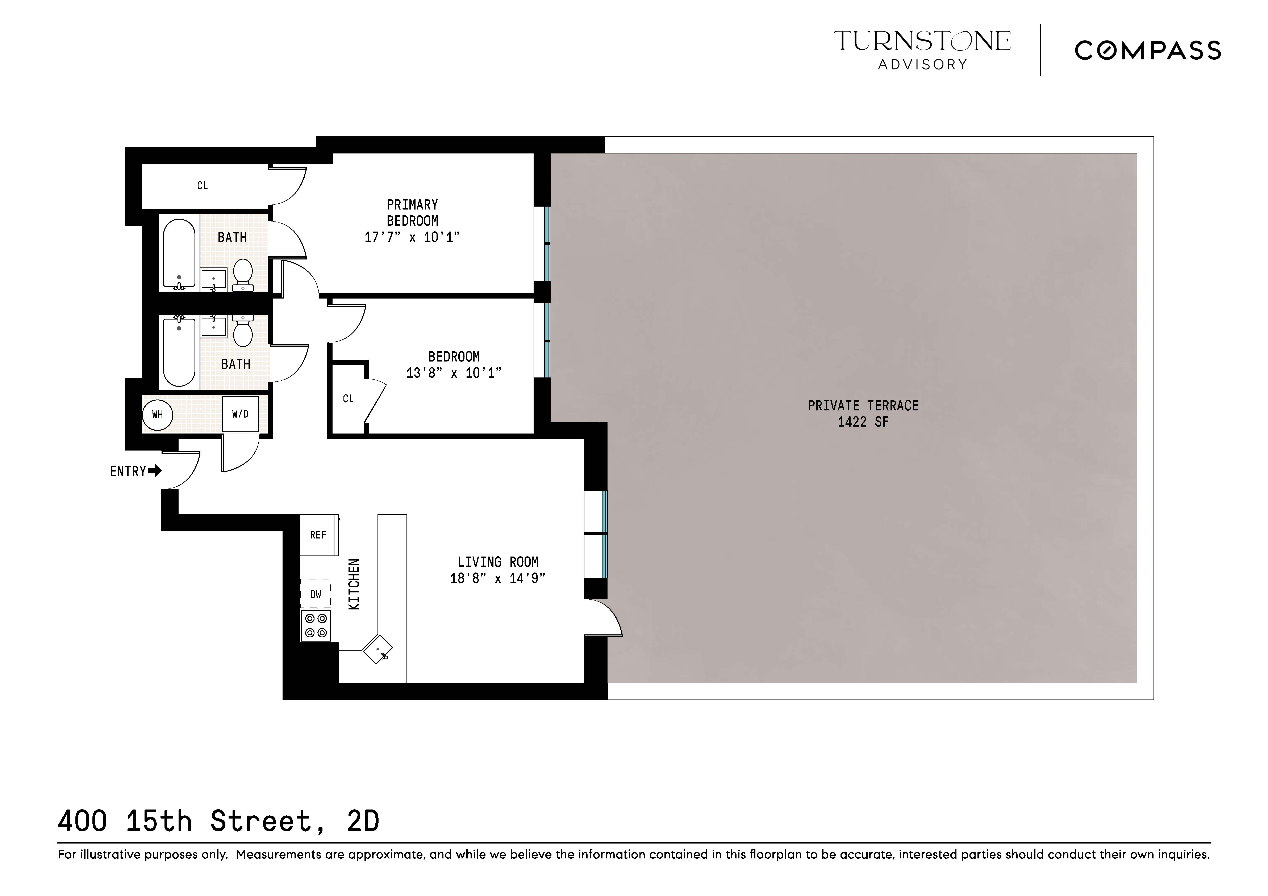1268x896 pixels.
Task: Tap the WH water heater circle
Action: click(157, 414)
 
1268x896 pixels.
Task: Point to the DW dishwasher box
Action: click(315, 594)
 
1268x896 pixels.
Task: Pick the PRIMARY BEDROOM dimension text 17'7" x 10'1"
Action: click(412, 237)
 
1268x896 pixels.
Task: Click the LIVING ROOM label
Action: click(498, 562)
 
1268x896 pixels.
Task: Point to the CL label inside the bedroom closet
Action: click(348, 399)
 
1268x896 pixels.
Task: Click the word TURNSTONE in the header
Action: click(922, 41)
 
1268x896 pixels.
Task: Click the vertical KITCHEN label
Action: click(354, 584)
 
